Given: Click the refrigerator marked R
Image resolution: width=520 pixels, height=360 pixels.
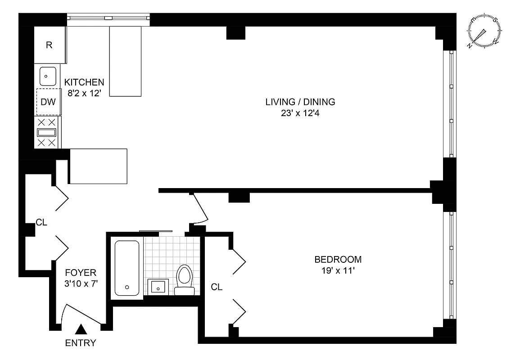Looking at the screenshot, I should click(50, 45).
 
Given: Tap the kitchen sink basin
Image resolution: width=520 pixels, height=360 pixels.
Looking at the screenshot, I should click(48, 76).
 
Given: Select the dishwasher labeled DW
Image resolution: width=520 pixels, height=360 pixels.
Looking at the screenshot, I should click(48, 102).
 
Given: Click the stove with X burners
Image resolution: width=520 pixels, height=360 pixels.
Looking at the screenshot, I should click(47, 132).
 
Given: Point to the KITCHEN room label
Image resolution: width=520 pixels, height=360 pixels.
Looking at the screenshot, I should click(84, 82).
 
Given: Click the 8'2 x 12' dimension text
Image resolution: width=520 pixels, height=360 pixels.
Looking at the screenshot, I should click(84, 93).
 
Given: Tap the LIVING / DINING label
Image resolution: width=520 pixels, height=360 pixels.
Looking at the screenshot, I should click(300, 102).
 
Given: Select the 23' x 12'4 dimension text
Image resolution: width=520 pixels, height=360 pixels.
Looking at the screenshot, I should click(300, 113).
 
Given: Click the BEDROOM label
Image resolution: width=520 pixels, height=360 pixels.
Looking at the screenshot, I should click(338, 260).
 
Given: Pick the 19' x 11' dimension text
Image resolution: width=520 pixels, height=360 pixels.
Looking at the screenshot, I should click(338, 271).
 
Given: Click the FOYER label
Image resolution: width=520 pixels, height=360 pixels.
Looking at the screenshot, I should click(81, 272).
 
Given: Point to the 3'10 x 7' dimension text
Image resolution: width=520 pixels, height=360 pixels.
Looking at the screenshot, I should click(81, 284).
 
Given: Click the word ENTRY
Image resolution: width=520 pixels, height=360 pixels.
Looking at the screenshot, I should click(81, 343).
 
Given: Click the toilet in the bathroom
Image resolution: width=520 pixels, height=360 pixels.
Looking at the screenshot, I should click(184, 279).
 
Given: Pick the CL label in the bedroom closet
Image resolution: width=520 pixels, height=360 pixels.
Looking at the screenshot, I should click(217, 287).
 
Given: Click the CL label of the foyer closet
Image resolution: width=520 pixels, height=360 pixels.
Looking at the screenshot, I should click(41, 222).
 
